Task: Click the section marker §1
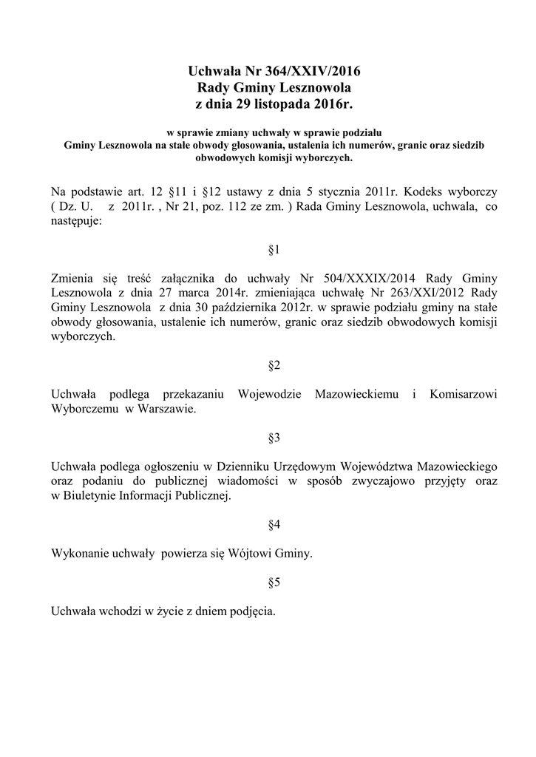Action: tap(274, 250)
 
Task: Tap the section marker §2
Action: tap(274, 365)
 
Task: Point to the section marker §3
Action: tap(274, 438)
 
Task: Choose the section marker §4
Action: tap(274, 525)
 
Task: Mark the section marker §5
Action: tap(274, 583)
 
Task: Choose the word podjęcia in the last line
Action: tap(253, 611)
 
